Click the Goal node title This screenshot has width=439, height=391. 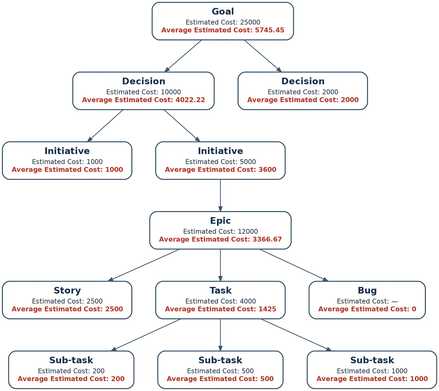(223, 12)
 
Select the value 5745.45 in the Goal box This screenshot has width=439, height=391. (269, 30)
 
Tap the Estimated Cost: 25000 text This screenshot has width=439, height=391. (223, 22)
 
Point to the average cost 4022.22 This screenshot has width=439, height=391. (190, 100)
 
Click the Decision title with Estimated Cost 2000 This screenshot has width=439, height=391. (303, 81)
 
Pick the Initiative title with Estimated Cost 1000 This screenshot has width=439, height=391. (67, 151)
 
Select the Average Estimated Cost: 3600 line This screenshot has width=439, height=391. (220, 169)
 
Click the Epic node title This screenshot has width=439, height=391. (220, 221)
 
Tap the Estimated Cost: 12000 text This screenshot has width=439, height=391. (220, 232)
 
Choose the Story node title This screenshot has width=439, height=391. (67, 290)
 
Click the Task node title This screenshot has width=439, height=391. (220, 290)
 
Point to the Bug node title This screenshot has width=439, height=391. (367, 290)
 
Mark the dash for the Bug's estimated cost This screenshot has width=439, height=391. (394, 301)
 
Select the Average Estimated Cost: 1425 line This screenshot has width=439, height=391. (220, 309)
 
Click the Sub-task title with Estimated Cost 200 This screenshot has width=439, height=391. (71, 360)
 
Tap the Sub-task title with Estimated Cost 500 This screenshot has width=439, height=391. (220, 360)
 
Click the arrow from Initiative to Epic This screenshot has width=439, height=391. (220, 195)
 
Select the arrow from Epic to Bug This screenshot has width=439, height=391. (294, 265)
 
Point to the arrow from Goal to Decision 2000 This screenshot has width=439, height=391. (263, 56)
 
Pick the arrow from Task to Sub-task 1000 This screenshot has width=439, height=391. (296, 335)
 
